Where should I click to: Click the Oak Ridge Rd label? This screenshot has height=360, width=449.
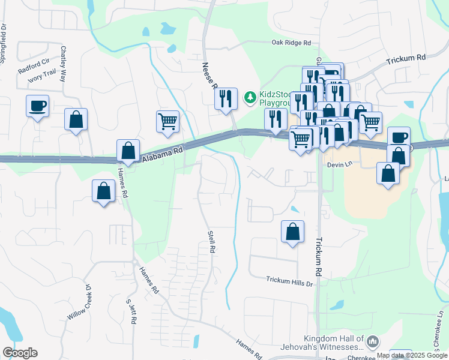point(291,43)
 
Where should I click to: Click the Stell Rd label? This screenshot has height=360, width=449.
point(211,241)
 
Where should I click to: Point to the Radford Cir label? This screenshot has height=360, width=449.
point(33,65)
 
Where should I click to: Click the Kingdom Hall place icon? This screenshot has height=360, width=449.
point(372,341)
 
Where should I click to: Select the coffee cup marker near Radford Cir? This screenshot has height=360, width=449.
point(37,106)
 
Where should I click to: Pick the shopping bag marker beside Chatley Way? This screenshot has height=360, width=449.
point(76,119)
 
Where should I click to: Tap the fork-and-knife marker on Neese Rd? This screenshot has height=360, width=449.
point(226,98)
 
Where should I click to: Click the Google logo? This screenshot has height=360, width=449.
point(20,353)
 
